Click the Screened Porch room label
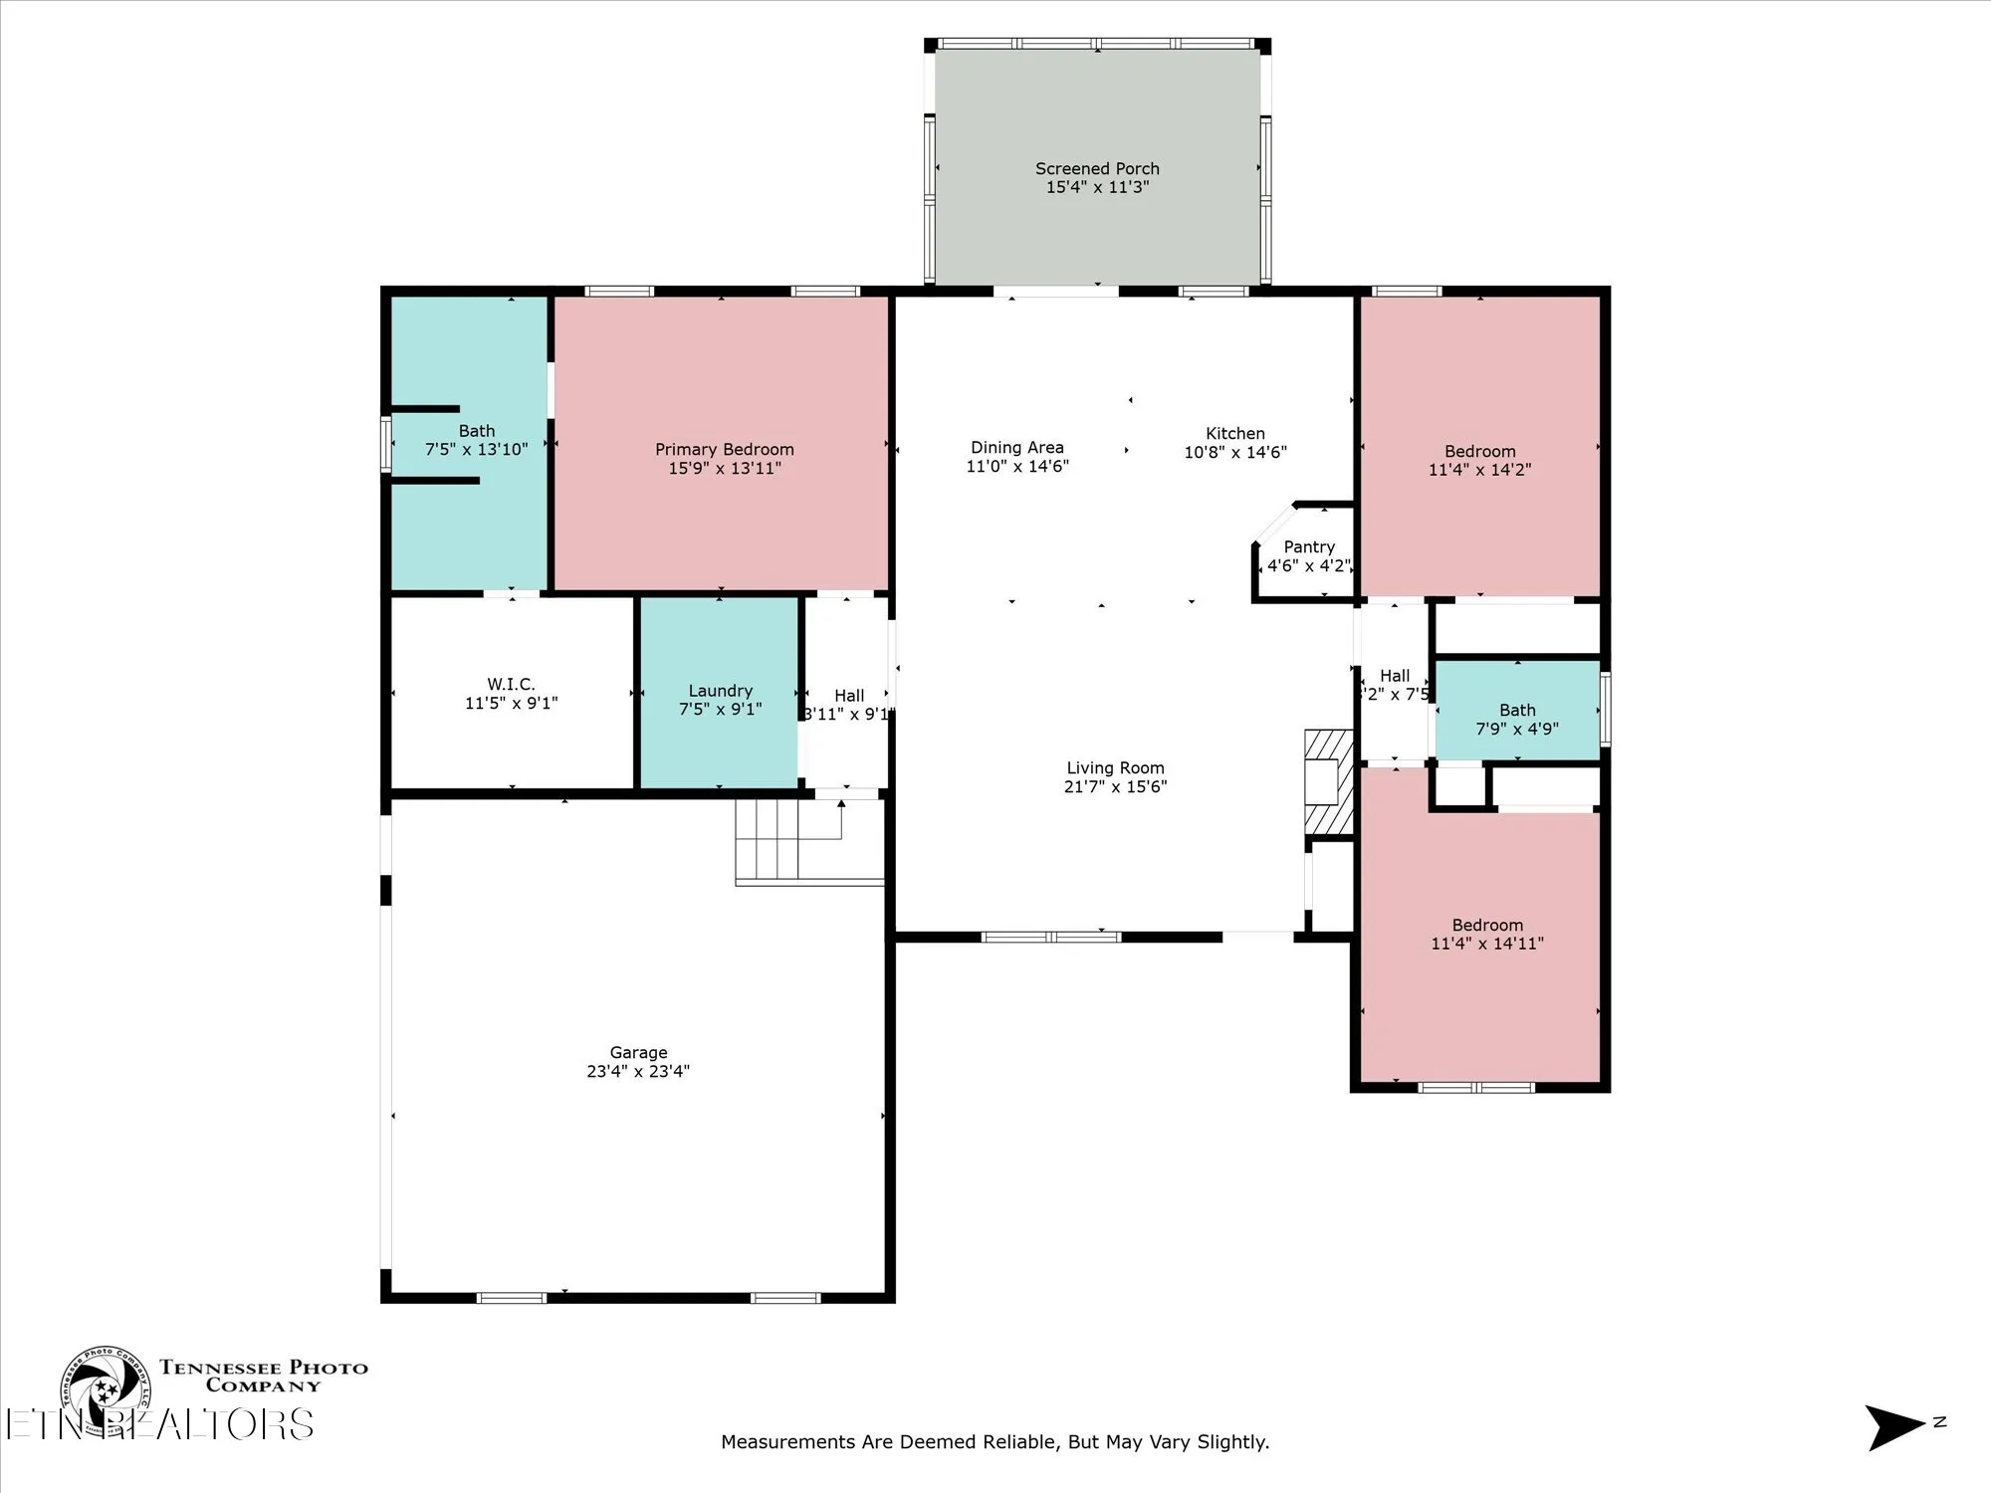pos(1097,169)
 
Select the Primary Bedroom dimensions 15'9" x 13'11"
pos(724,469)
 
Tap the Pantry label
pos(1308,547)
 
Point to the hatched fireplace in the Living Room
pos(1329,782)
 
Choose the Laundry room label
pos(720,691)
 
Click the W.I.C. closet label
pos(511,685)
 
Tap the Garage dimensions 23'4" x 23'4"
pos(637,1072)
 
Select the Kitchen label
pos(1234,434)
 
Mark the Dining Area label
pos(1016,448)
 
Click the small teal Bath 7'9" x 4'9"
pos(1516,719)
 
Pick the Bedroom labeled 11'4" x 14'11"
pos(1486,935)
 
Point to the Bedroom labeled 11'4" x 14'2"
pos(1479,461)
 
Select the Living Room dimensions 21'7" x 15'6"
pos(1115,787)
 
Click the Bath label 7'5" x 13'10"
pos(476,441)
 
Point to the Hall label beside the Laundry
pos(849,696)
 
